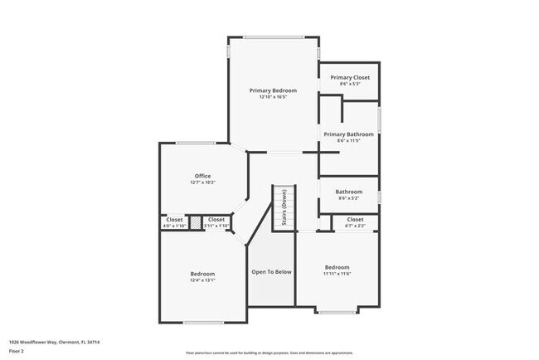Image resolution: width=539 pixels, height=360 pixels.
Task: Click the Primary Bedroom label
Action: click(x=273, y=90)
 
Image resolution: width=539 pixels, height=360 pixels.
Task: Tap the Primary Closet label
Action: click(x=349, y=77)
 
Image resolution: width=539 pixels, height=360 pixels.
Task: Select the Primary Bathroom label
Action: click(x=349, y=134)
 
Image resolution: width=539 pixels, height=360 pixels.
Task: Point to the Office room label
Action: click(x=202, y=176)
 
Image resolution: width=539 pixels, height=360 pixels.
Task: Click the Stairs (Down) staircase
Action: click(x=284, y=207)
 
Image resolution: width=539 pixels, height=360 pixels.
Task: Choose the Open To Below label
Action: click(x=271, y=271)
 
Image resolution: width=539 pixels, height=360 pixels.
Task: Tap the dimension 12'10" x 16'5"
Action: click(x=273, y=97)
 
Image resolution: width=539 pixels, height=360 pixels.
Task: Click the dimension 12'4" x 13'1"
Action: click(x=202, y=280)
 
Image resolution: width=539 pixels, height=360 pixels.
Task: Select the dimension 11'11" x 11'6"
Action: click(x=337, y=273)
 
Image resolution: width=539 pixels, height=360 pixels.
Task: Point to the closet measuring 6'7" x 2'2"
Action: click(x=354, y=222)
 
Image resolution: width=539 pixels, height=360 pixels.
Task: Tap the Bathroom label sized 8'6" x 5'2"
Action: click(x=349, y=194)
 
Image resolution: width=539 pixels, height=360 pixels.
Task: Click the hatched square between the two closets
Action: click(x=195, y=222)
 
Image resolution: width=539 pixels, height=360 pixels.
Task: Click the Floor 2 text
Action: click(x=17, y=351)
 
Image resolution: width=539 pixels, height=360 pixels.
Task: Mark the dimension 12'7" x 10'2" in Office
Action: click(x=202, y=182)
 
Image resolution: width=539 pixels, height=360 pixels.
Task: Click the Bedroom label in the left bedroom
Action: click(x=202, y=274)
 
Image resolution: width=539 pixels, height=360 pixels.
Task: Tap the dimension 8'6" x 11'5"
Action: click(x=349, y=141)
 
